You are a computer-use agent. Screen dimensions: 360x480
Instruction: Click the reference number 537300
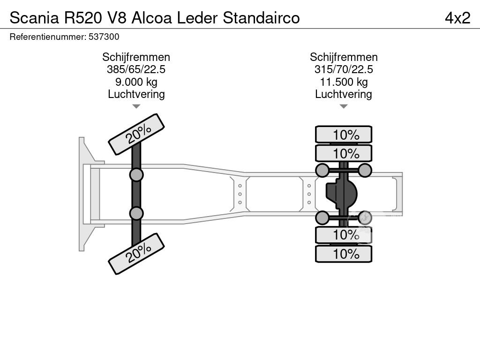click(x=104, y=37)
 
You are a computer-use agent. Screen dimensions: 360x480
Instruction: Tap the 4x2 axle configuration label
click(x=457, y=18)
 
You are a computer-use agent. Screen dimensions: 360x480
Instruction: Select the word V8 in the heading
click(x=118, y=18)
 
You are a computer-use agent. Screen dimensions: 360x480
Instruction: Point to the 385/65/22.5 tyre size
click(x=136, y=70)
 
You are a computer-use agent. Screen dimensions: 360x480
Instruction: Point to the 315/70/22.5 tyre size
click(x=344, y=70)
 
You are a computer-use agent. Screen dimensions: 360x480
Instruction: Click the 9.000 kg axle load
click(x=136, y=82)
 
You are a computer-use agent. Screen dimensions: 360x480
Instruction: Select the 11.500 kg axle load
click(x=344, y=82)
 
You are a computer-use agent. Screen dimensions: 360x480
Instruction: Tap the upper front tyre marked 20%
click(x=136, y=134)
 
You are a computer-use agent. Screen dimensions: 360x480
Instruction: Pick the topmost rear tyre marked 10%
click(x=344, y=135)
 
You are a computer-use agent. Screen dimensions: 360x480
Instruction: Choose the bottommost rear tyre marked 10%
click(x=344, y=254)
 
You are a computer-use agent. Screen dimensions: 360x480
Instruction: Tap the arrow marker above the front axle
click(x=136, y=106)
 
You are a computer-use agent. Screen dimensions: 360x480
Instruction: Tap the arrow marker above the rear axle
click(x=344, y=106)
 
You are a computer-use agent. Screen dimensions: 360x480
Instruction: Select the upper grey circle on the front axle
click(x=136, y=175)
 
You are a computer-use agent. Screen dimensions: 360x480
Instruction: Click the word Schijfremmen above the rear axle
click(x=344, y=57)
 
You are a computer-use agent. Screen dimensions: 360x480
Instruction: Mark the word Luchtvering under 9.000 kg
click(x=136, y=94)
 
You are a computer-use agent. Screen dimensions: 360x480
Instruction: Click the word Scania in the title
click(x=34, y=18)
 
